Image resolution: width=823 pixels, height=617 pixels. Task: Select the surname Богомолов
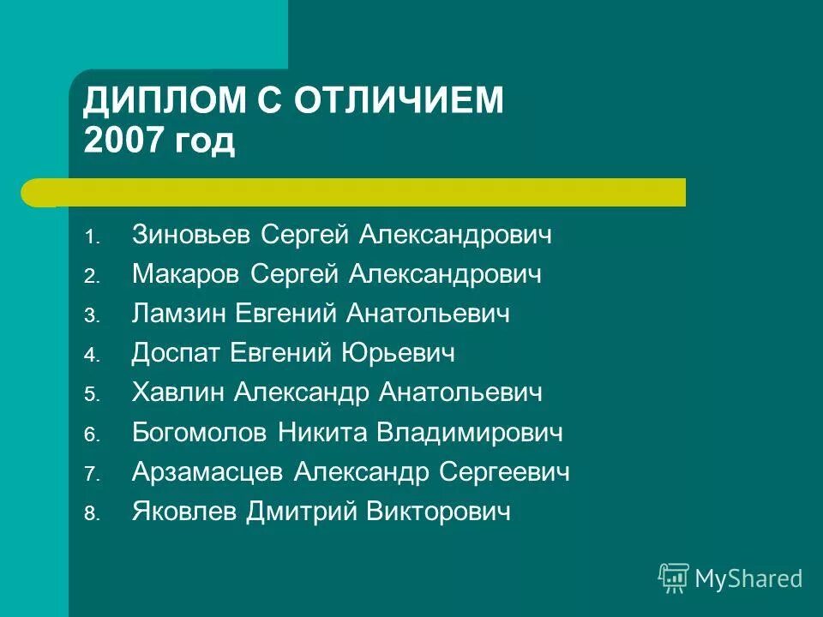[x=199, y=433]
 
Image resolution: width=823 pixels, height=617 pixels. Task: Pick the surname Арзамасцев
[x=207, y=472]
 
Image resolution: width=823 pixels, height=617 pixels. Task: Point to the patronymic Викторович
[x=438, y=512]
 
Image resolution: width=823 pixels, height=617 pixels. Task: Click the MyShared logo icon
[x=673, y=578]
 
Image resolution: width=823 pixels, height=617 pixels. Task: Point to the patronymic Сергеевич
[x=504, y=472]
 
